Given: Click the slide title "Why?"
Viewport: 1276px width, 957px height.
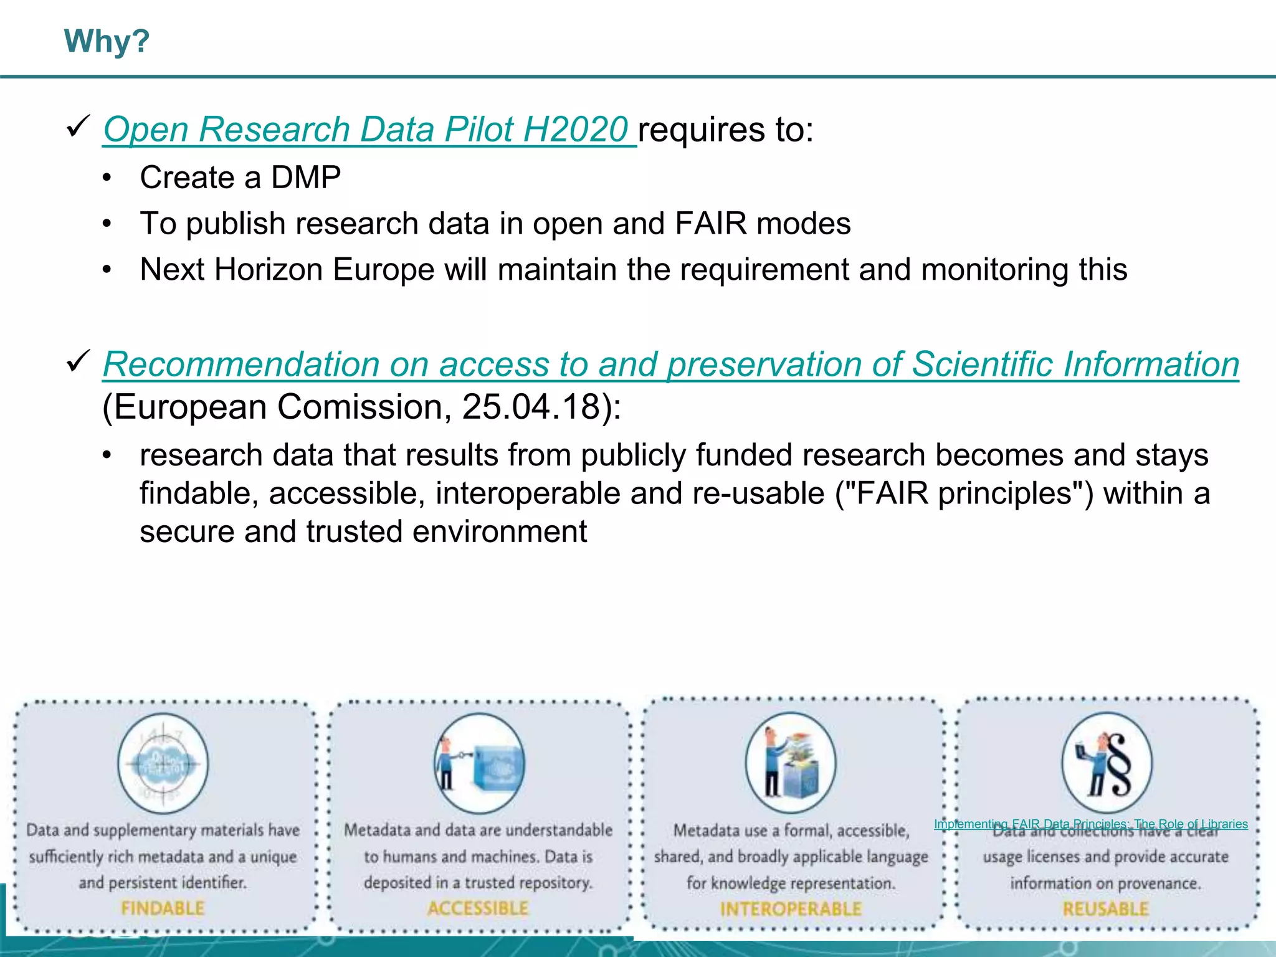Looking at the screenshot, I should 107,42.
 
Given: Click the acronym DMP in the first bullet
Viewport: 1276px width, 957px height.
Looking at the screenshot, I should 306,178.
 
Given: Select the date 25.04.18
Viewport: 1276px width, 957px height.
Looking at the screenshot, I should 530,407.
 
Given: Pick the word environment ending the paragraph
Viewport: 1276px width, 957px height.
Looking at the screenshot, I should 499,532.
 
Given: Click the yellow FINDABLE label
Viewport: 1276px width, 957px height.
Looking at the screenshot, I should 163,908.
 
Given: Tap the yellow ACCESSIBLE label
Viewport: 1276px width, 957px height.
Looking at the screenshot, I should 478,908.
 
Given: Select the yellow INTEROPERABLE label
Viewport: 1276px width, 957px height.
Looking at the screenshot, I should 791,910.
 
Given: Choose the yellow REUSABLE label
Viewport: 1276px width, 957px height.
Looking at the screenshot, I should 1105,909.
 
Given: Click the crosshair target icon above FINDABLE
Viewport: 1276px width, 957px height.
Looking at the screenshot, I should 163,763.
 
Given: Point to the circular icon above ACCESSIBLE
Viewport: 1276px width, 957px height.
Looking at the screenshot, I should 479,763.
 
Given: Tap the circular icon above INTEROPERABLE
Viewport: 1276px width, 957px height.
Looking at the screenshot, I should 791,763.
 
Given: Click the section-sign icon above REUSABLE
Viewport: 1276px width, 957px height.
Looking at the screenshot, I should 1107,763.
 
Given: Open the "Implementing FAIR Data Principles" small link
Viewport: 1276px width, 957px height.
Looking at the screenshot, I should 1090,824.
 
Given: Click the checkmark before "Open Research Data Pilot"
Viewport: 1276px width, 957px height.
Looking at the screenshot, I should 79,126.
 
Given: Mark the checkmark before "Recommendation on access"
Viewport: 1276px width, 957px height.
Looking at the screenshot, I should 79,361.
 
